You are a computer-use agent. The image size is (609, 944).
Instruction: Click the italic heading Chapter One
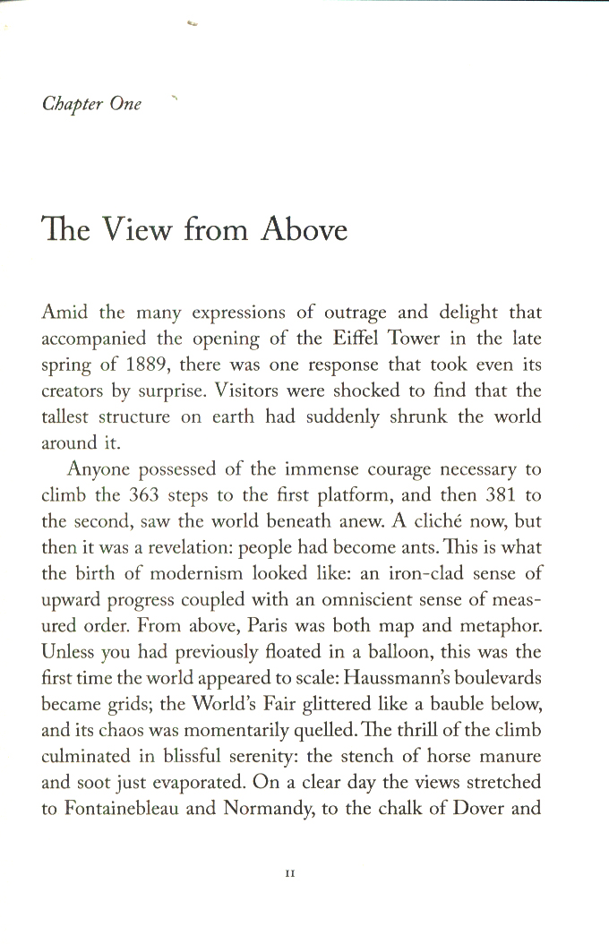click(x=91, y=103)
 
